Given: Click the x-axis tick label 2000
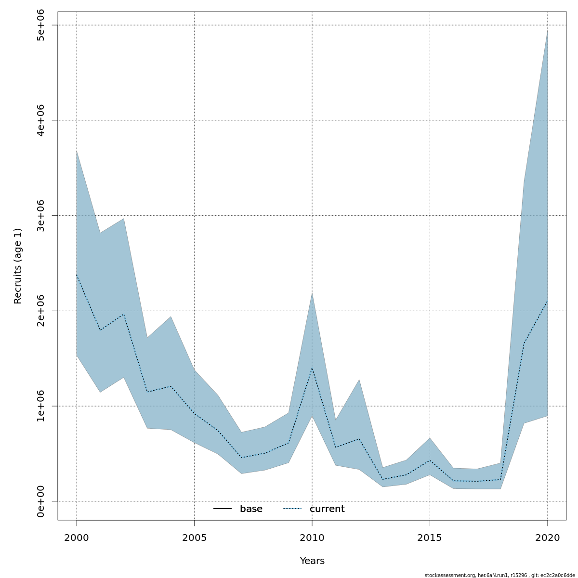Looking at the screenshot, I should [x=77, y=538].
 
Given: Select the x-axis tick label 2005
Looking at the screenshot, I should [x=194, y=538].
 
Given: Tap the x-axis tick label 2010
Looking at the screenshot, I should [x=312, y=538].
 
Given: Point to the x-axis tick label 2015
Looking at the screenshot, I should [x=430, y=538].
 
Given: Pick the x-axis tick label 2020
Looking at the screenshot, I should [x=547, y=538].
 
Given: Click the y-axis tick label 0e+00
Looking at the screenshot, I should [x=41, y=501].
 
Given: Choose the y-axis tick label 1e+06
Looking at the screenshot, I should [x=41, y=406].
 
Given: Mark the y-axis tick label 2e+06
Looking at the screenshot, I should [x=41, y=311].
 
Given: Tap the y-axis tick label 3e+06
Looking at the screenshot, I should [x=41, y=215].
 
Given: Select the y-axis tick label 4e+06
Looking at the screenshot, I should [x=41, y=120].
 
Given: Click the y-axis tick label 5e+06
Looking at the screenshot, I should [x=41, y=25].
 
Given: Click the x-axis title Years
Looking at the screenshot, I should [x=312, y=561].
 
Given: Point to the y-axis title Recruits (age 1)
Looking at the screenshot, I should [x=18, y=266].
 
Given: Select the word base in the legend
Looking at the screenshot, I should [x=251, y=509].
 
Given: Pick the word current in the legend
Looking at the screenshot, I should [x=327, y=509].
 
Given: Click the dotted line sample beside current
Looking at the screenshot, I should [x=292, y=509].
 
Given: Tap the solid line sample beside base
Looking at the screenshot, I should [x=223, y=509].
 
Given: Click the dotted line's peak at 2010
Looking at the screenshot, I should [x=312, y=368].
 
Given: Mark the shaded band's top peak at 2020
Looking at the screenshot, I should [x=547, y=30].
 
